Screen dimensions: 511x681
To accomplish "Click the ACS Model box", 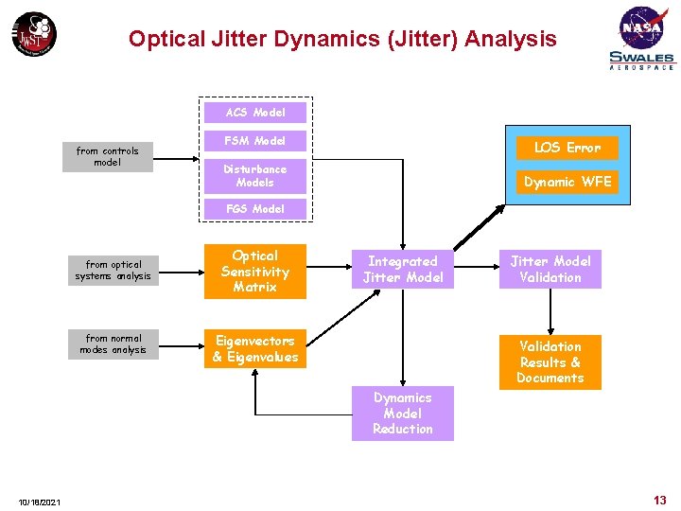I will (255, 113).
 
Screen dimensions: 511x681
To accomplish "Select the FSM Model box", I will (255, 141).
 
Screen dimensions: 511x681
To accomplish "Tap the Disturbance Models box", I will (255, 175).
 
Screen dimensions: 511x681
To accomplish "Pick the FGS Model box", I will (255, 208).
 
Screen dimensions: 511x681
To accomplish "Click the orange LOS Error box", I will (567, 148).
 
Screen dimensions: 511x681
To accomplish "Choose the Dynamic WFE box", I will (567, 182).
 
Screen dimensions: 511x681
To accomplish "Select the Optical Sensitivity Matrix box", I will (255, 272).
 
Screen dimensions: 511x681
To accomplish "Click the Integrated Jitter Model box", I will (403, 270).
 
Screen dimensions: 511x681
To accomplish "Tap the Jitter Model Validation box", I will (550, 270).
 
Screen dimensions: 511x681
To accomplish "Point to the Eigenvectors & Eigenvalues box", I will (255, 349).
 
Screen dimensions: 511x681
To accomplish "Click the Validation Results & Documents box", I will (550, 361).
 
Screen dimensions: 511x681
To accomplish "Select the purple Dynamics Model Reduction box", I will (403, 414).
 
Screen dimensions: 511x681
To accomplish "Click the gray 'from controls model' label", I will (108, 156).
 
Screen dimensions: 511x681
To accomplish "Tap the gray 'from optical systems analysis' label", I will (113, 271).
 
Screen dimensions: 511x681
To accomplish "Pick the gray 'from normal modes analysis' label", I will (113, 344).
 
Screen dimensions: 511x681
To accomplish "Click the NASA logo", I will (642, 26).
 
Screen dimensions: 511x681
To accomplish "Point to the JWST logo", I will (34, 35).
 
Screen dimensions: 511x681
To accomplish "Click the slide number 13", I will (659, 500).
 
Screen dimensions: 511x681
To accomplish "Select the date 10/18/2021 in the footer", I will (39, 502).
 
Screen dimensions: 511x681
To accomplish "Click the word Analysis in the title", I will (510, 39).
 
